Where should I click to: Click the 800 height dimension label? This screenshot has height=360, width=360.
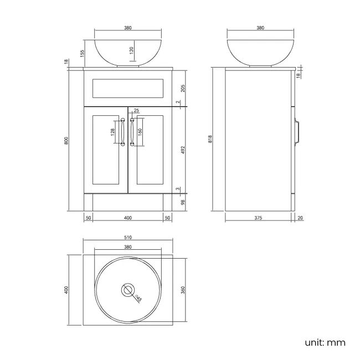(66, 141)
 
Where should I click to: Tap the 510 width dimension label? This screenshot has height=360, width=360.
(128, 238)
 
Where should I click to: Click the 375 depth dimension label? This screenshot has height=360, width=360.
(258, 218)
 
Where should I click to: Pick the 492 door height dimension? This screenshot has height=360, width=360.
(182, 149)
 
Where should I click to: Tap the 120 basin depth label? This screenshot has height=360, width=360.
(131, 53)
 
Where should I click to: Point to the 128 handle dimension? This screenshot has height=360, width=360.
(112, 132)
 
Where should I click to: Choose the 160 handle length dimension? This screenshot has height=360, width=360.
(140, 132)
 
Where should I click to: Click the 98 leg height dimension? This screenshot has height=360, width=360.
(182, 202)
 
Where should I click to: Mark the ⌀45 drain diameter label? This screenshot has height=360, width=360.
(138, 298)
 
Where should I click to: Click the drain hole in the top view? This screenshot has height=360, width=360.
(128, 289)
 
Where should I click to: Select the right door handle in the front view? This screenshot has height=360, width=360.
(132, 132)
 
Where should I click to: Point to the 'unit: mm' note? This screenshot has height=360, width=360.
(325, 342)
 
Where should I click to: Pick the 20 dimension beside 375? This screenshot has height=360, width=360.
(300, 218)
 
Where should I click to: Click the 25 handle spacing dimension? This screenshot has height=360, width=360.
(136, 111)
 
